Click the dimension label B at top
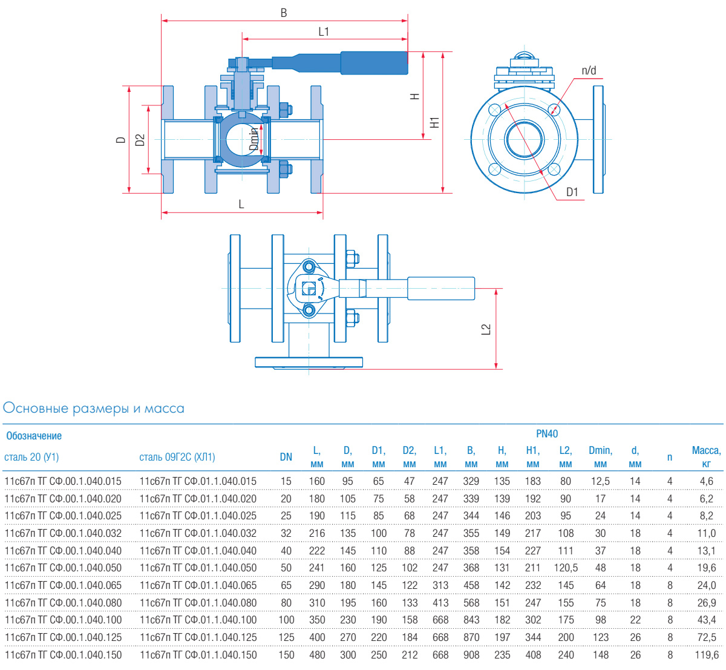284,12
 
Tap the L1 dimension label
324,31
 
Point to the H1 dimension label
434,122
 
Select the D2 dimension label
140,140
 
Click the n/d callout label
589,71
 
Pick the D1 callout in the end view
572,192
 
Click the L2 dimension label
486,329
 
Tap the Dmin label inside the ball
254,138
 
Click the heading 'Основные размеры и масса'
94,409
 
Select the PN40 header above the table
547,434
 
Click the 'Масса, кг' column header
706,457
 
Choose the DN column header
286,457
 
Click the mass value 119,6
706,655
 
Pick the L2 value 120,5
566,568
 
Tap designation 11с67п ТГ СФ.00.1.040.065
63,585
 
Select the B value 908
471,655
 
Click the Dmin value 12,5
600,481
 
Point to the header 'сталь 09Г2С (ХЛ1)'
177,457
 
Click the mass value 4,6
706,481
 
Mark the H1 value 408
533,655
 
